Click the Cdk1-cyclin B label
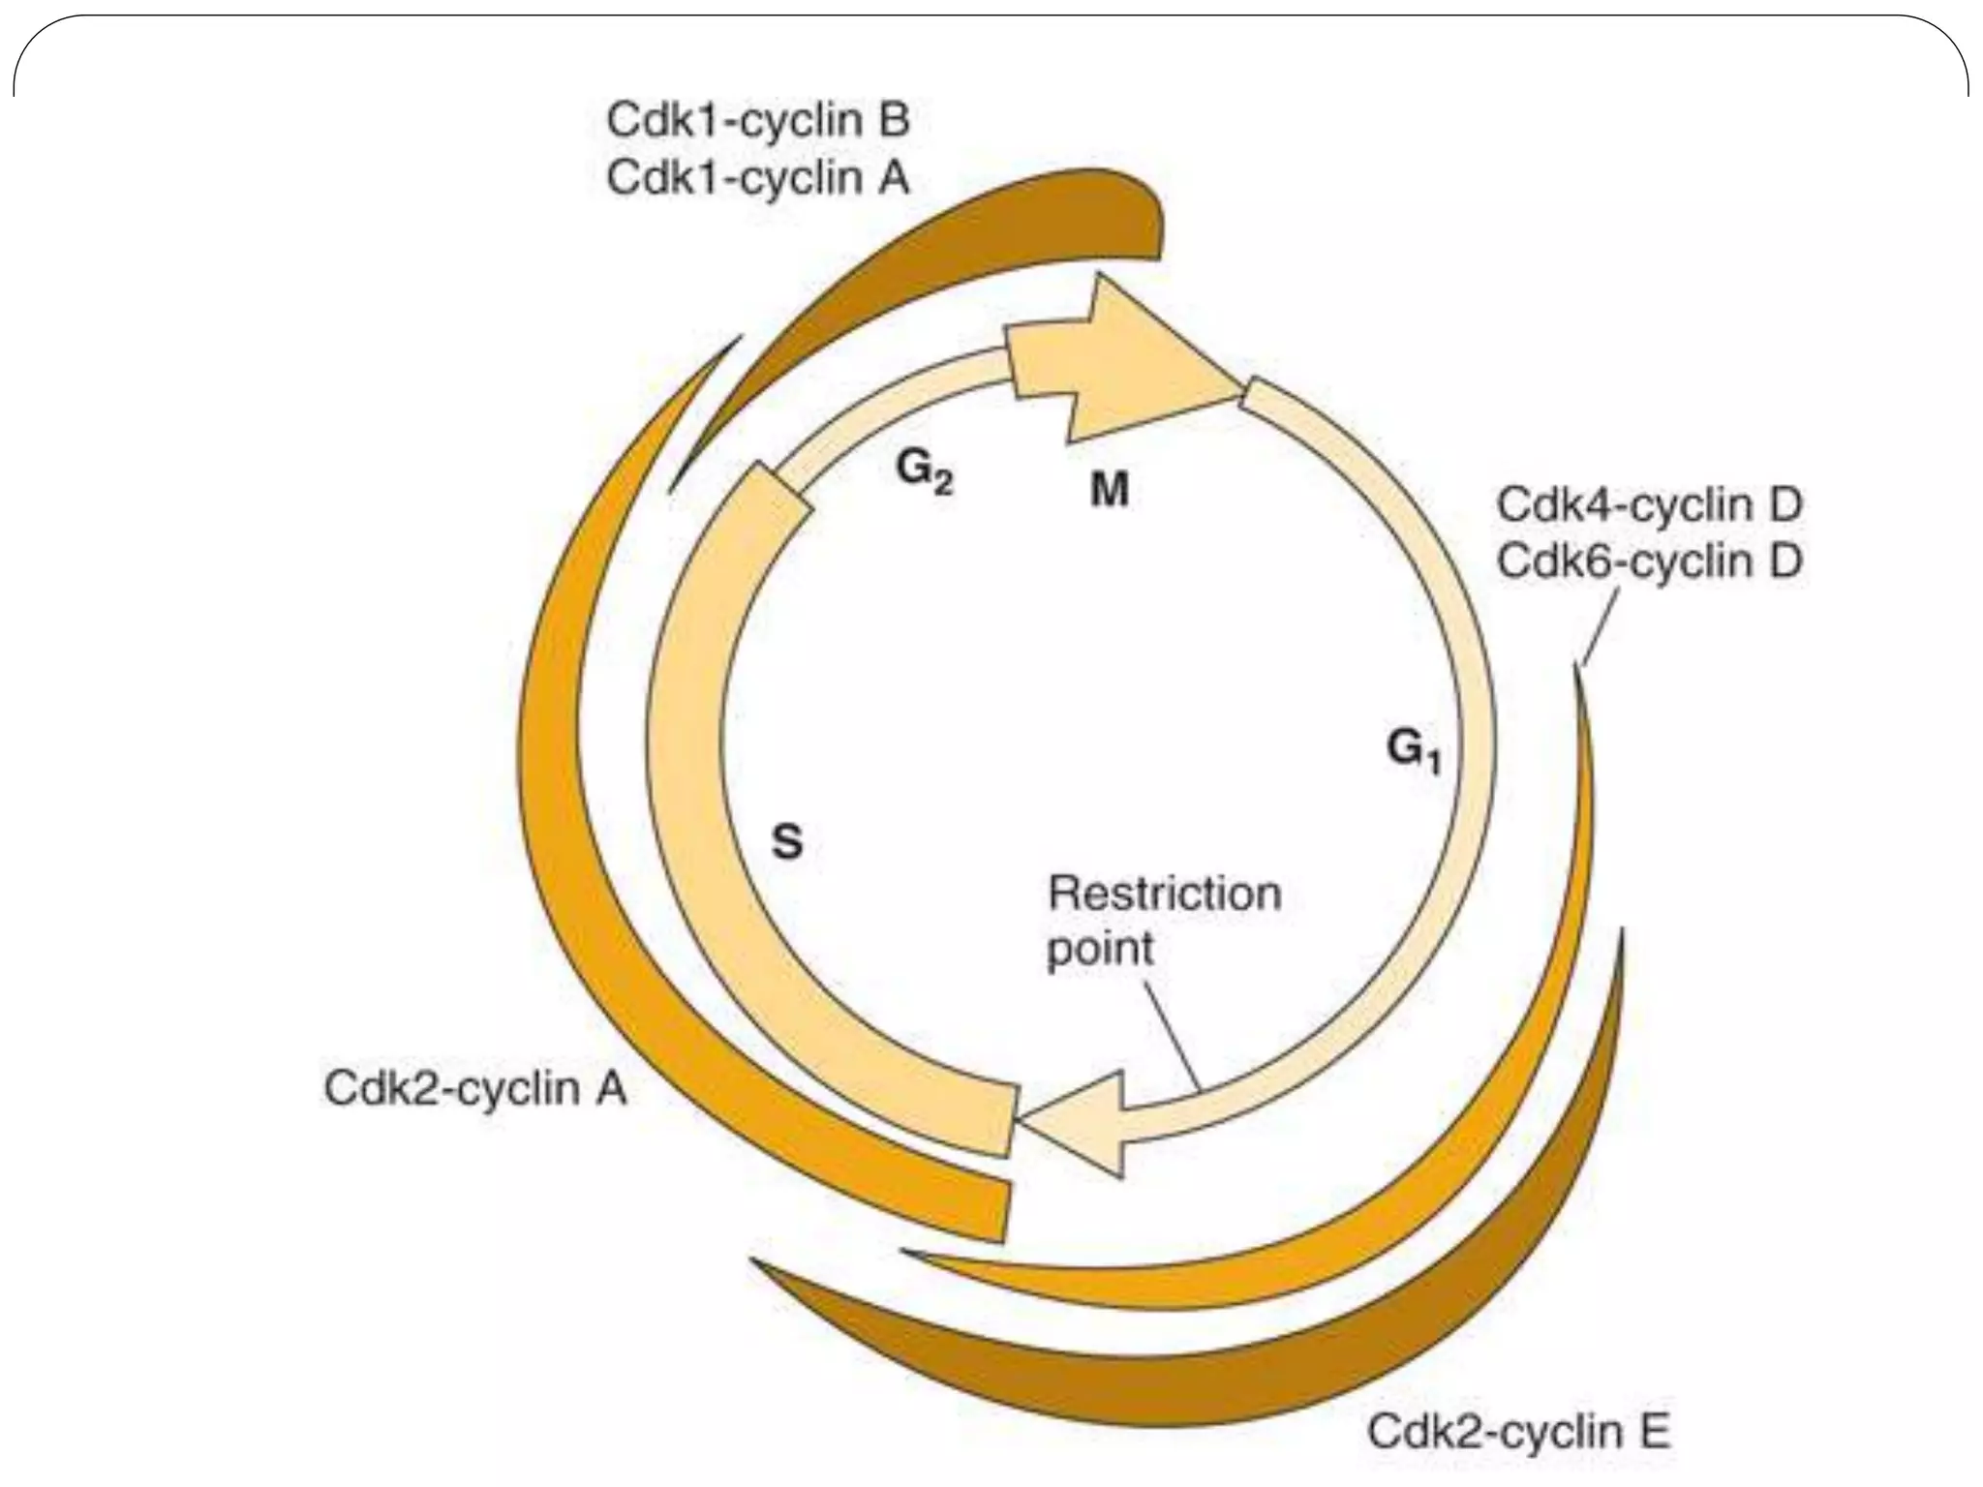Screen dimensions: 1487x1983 757,121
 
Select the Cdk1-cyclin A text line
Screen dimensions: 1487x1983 757,178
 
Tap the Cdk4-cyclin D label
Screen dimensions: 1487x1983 1649,504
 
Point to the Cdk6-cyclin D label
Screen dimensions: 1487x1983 1649,561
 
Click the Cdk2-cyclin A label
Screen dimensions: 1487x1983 475,1088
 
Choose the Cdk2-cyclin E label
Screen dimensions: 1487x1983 1518,1432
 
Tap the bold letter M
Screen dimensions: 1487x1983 1110,491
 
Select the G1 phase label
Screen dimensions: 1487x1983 1414,750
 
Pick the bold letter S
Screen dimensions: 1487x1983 787,841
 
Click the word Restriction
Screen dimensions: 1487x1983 1164,893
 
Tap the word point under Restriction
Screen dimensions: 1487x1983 1101,948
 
